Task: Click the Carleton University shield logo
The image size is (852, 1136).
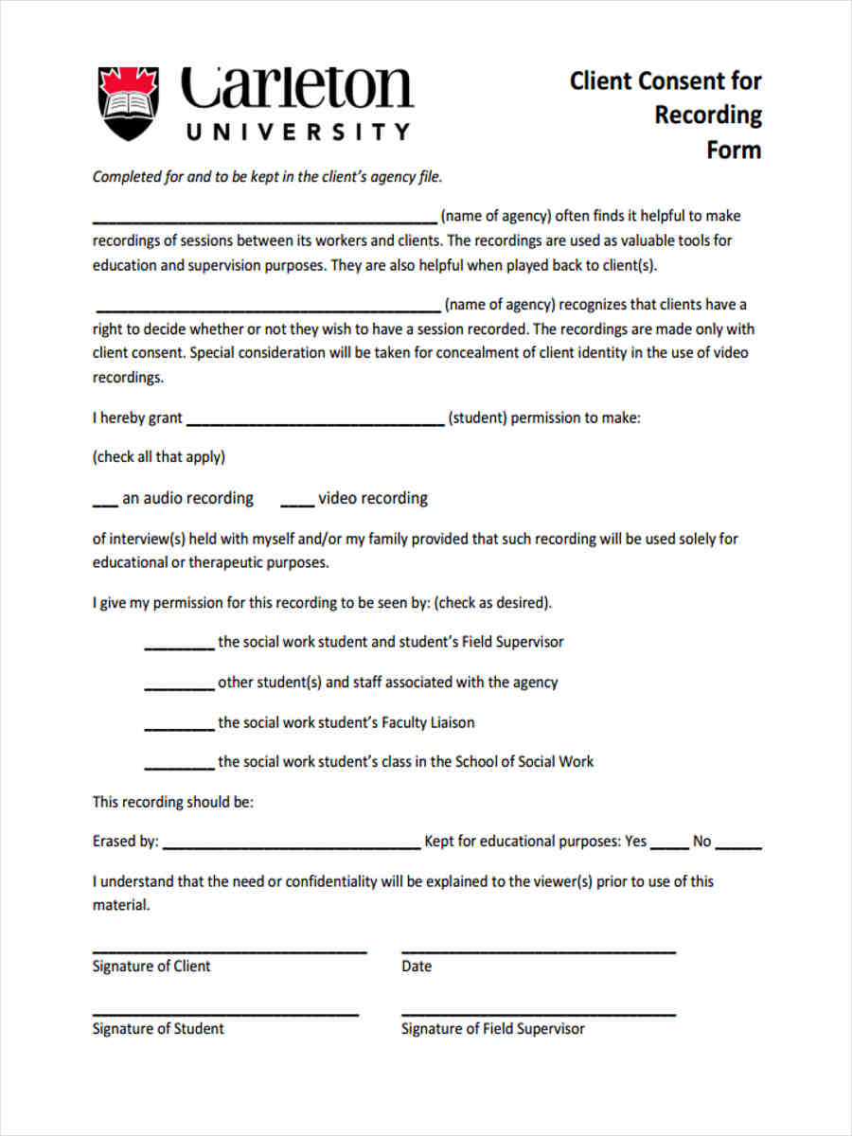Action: point(130,103)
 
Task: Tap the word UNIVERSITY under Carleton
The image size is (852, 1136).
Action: point(298,132)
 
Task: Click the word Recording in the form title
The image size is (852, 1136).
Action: point(708,115)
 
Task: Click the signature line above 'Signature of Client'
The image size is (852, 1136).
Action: point(229,950)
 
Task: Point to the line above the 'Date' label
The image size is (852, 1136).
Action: point(538,950)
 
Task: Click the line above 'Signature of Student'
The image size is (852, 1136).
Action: point(225,1014)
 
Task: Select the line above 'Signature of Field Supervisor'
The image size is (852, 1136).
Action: point(538,1014)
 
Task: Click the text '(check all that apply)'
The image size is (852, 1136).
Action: point(158,457)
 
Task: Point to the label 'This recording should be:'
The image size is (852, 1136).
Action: point(172,802)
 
